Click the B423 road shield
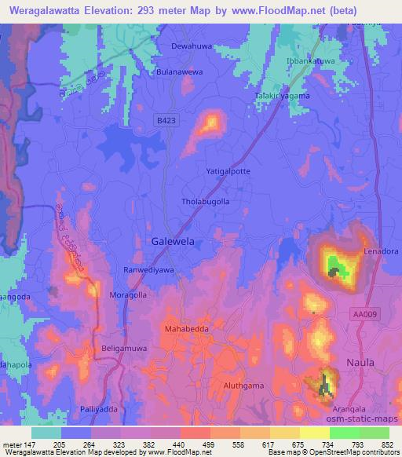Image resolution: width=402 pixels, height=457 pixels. click(164, 119)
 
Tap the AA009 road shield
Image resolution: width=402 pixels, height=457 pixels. click(364, 313)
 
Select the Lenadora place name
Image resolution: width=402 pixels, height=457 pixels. click(381, 251)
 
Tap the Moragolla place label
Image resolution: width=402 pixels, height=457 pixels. click(127, 295)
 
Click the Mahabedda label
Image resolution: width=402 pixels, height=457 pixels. click(185, 329)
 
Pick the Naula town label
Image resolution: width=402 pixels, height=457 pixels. click(361, 362)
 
